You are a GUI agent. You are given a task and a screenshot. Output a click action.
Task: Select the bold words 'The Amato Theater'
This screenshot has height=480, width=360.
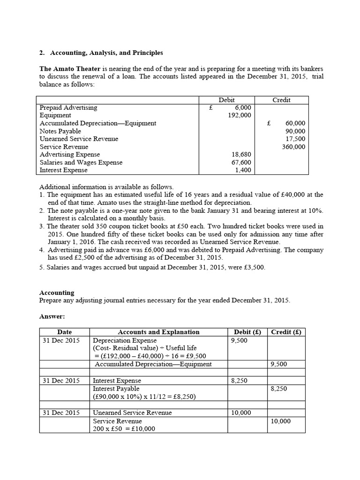[69, 68]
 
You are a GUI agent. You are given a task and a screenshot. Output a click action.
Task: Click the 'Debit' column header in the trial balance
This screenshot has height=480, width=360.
[226, 100]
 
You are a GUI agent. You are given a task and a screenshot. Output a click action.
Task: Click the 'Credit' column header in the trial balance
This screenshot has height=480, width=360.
[281, 100]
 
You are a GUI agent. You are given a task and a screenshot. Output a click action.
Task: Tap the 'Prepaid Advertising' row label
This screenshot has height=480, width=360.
[68, 107]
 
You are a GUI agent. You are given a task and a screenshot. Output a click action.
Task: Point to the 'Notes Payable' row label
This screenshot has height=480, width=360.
[60, 131]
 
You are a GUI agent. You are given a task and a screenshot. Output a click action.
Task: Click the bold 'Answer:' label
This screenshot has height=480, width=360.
[52, 316]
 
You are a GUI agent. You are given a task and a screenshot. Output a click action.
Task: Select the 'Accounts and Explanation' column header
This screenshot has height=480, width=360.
[159, 332]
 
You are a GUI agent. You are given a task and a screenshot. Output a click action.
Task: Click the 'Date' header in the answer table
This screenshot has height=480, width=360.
[64, 332]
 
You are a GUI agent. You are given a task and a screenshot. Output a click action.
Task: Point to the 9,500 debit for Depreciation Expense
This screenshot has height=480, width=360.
[240, 340]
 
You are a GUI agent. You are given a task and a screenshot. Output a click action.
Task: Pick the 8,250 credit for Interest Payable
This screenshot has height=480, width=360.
[278, 389]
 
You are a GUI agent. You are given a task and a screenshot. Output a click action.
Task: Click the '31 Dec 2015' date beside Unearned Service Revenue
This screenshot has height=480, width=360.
[61, 412]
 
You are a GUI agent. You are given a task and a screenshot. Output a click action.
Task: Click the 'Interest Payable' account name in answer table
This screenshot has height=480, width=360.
[116, 389]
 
